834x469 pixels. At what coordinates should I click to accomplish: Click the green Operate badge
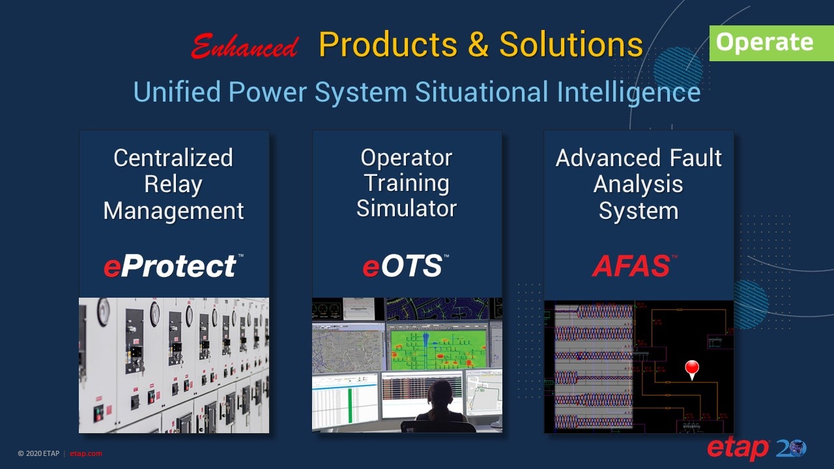(764, 42)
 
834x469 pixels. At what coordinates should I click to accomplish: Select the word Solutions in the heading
(571, 45)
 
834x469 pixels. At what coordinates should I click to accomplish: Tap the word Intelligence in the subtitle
(628, 92)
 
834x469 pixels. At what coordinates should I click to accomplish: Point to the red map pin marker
(692, 369)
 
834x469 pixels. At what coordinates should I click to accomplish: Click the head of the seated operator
(440, 393)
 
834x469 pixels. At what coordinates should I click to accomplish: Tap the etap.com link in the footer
(86, 453)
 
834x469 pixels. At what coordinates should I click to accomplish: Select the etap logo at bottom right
(738, 449)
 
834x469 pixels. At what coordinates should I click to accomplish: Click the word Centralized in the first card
(173, 158)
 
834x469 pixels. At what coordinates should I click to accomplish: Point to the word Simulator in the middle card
(407, 209)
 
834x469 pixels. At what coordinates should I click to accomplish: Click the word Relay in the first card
(173, 184)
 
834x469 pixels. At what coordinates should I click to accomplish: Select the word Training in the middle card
(407, 184)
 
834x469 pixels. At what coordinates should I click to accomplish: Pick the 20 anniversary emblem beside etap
(791, 449)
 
